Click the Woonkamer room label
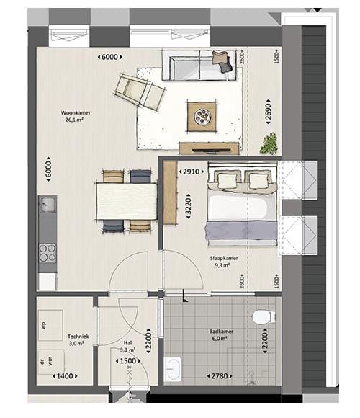tap(76, 117)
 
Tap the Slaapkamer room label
tap(225, 261)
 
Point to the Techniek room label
tap(78, 339)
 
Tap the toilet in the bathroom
tap(263, 316)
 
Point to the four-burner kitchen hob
tap(48, 253)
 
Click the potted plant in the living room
tap(269, 143)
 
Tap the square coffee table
tap(202, 115)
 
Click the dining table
tap(127, 200)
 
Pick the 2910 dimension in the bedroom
tap(190, 173)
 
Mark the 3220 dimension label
tap(188, 203)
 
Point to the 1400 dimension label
tap(66, 376)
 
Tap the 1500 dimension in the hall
tap(129, 361)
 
